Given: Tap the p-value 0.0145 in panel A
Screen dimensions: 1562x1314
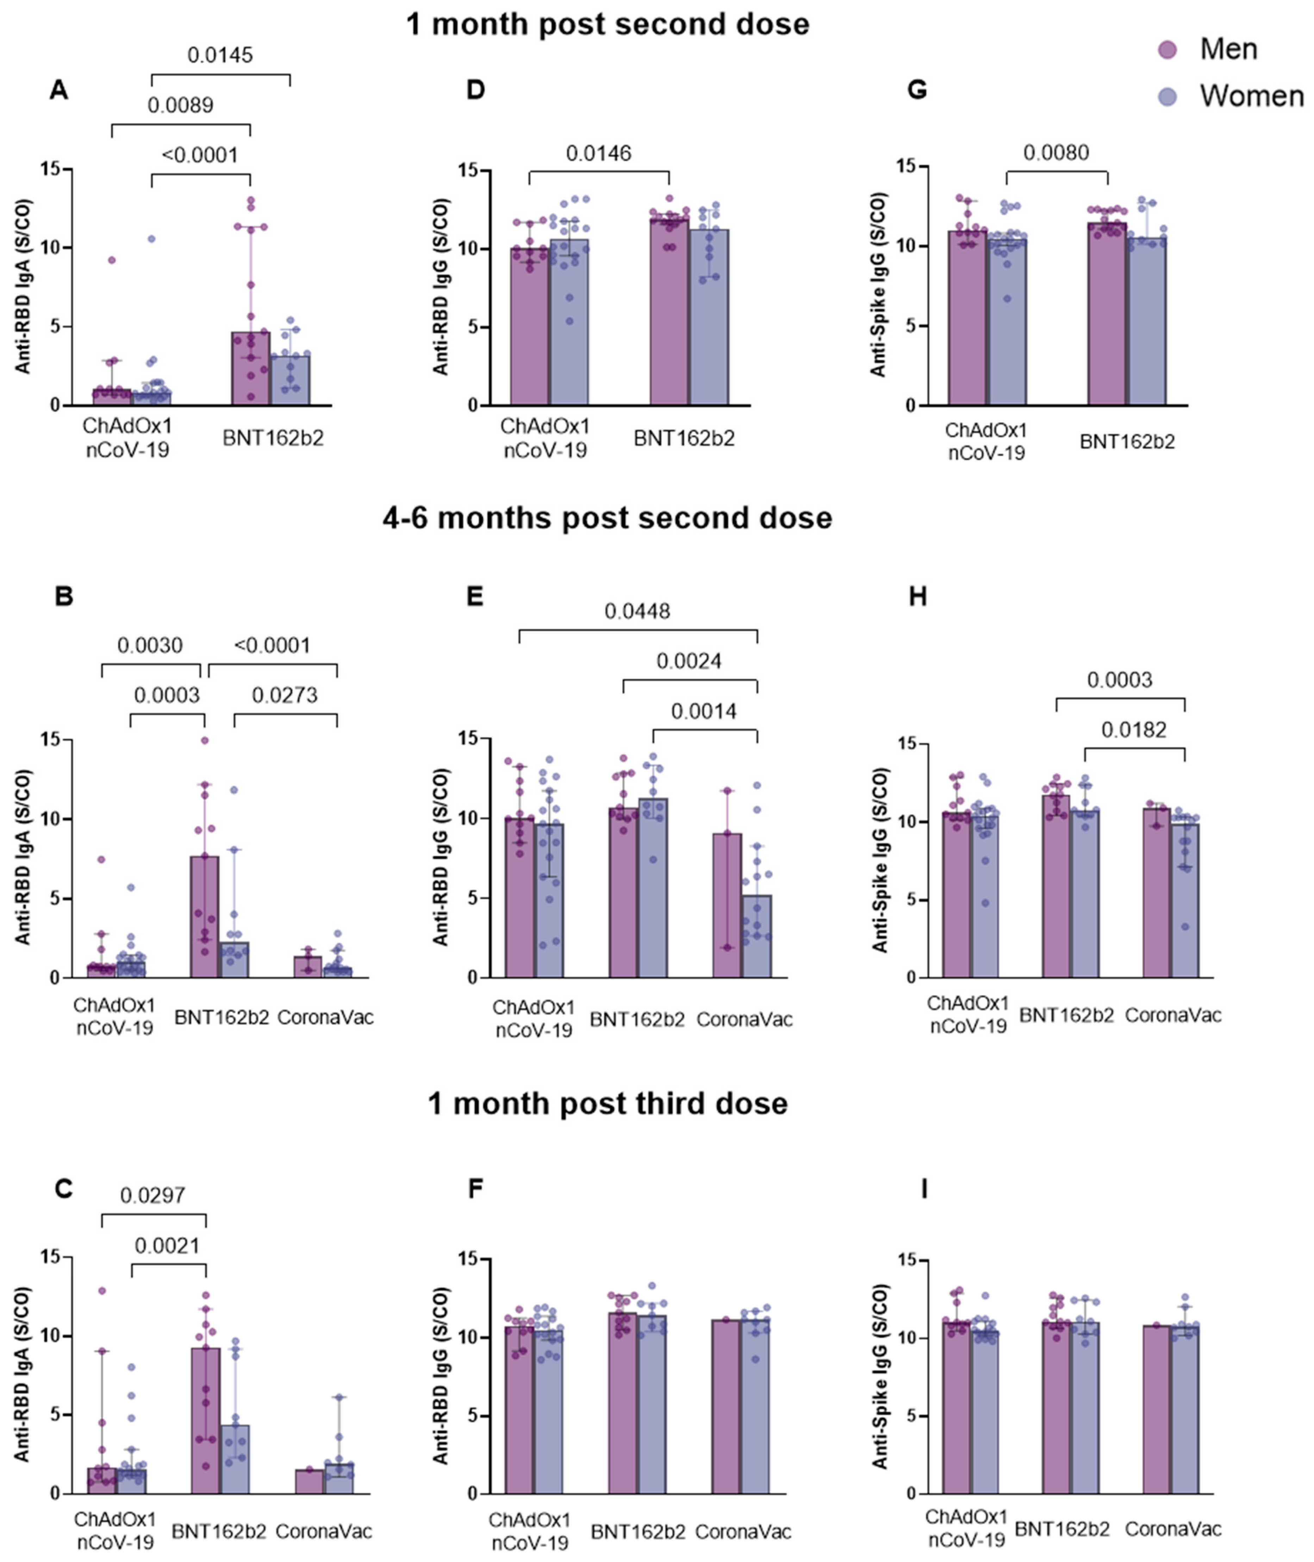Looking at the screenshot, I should point(220,55).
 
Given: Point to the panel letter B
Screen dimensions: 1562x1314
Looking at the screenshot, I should point(64,596).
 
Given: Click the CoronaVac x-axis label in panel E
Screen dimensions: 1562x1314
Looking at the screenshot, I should point(744,1019).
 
